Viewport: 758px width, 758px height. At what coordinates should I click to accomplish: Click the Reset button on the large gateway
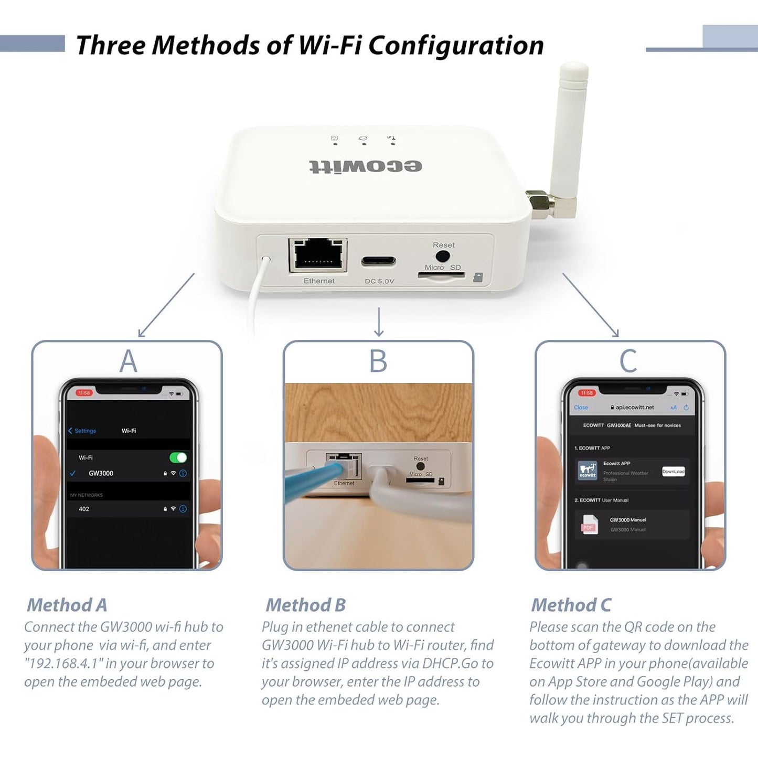coord(443,257)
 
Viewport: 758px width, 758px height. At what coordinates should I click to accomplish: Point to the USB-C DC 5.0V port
coord(378,261)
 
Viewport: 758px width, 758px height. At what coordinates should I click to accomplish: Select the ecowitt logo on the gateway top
coord(366,166)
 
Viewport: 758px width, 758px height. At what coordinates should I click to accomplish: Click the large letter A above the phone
coord(128,361)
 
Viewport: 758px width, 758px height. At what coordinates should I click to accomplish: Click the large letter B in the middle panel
coord(378,361)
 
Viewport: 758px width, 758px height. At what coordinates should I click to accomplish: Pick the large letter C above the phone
coord(628,361)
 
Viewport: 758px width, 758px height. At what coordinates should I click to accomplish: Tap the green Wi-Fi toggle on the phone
coord(178,457)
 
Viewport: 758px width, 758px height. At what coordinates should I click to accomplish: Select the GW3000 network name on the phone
coord(101,473)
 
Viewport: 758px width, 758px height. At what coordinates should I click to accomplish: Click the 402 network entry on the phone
coord(84,509)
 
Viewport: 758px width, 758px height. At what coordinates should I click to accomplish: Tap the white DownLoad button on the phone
coord(673,472)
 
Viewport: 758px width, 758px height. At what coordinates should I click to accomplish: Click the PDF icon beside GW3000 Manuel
coord(589,525)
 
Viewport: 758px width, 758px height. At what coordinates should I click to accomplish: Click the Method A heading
coord(67,605)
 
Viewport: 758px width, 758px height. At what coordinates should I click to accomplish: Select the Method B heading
coord(306,605)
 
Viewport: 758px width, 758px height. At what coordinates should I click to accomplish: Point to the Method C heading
coord(571,605)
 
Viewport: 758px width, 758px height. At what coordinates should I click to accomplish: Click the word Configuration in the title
coord(456,45)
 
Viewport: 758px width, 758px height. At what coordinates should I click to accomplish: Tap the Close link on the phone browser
coord(581,408)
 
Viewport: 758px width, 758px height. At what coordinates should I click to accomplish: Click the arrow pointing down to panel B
coord(379,322)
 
